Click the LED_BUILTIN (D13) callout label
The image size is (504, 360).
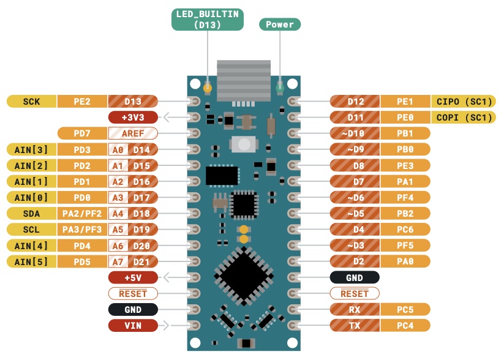208,20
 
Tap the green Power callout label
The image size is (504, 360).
280,24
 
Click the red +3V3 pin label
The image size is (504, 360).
133,117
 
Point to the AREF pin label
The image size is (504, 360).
133,133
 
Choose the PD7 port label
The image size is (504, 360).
82,133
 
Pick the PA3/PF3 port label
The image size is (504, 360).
82,229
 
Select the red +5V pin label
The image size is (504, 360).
133,277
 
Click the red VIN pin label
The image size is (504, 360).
133,325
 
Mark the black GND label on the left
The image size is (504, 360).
133,309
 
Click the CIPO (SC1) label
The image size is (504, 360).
464,101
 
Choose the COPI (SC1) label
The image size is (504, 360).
464,117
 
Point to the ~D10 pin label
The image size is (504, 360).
355,133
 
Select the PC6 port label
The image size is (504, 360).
405,229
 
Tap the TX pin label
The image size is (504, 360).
355,325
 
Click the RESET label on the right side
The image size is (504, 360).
355,293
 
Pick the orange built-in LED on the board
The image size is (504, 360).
208,88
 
